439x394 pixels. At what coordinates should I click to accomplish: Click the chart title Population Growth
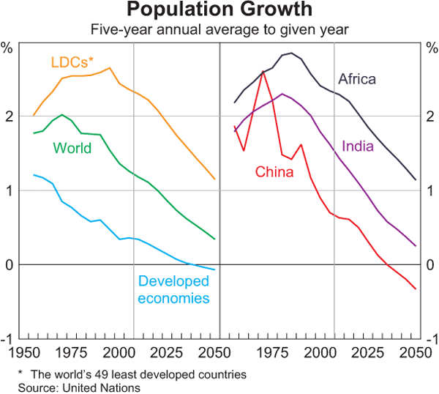pos(219,11)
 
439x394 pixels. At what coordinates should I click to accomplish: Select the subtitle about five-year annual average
pos(219,30)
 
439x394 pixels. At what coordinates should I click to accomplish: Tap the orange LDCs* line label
pos(71,62)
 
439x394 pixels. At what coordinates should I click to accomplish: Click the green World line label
pos(72,149)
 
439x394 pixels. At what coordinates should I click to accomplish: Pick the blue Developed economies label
pos(174,289)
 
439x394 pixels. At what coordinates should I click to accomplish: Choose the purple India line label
pos(359,146)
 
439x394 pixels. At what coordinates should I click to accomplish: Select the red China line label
pos(274,172)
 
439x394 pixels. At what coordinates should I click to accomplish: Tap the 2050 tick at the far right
pos(412,352)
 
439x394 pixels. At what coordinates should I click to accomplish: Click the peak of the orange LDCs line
pos(110,68)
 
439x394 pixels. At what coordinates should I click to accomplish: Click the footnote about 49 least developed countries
pos(132,374)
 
